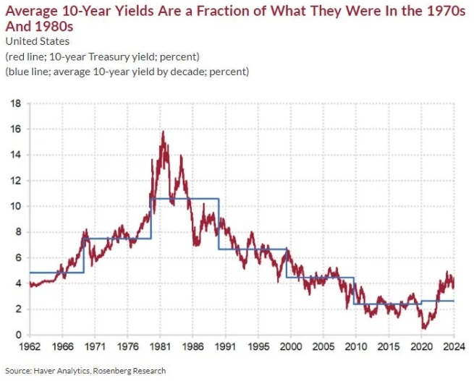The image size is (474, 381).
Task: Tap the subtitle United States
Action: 37,41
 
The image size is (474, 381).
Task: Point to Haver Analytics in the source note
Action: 68,370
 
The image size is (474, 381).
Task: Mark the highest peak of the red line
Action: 163,132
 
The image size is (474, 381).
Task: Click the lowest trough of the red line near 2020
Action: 426,328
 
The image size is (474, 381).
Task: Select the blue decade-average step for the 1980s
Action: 185,198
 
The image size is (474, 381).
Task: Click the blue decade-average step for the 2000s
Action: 321,278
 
